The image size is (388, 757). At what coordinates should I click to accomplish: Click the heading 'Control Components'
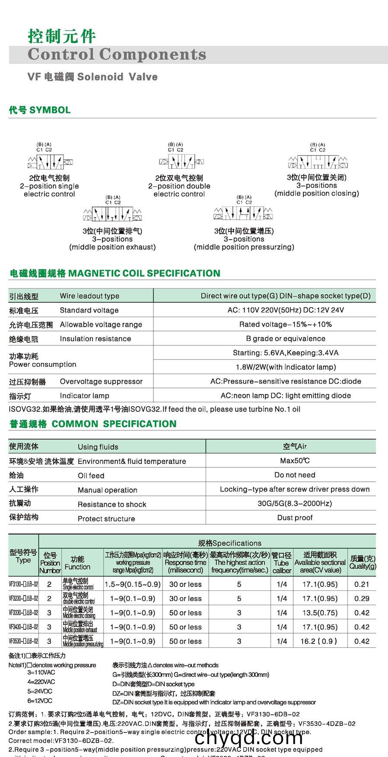[117, 54]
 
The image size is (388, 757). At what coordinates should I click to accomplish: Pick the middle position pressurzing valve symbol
[243, 213]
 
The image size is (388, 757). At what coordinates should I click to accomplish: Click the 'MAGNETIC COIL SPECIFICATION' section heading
[144, 273]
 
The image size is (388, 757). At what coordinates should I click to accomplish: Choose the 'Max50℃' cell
[295, 461]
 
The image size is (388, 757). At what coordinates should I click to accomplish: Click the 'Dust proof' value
[295, 517]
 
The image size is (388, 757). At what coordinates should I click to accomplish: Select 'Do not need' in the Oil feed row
[295, 475]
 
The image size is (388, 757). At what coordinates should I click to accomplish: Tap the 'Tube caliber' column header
[281, 563]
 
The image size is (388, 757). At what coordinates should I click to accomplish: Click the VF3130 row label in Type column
[23, 584]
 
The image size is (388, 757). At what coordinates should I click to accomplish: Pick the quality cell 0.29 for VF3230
[362, 599]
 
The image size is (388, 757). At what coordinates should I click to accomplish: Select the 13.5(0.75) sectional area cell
[320, 613]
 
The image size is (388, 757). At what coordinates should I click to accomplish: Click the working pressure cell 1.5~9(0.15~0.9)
[133, 584]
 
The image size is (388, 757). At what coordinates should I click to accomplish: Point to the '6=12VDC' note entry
[40, 701]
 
